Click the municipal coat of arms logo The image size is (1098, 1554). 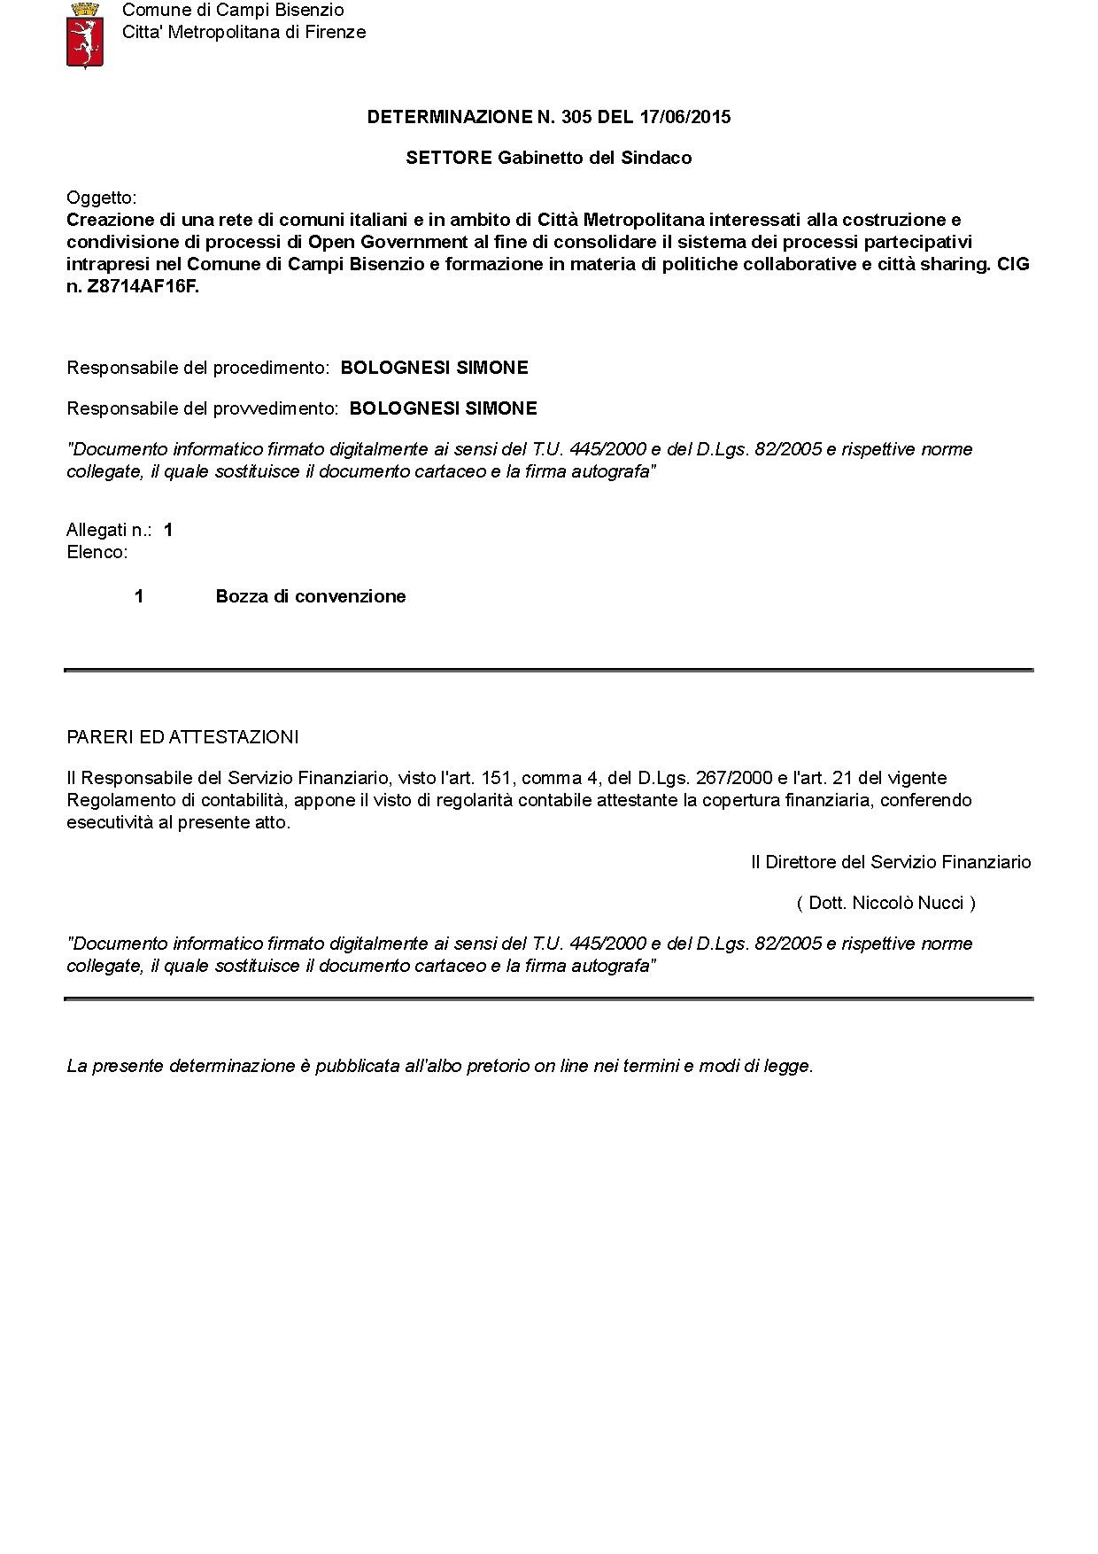point(85,35)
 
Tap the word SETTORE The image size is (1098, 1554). point(448,158)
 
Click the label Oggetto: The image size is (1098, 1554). point(102,198)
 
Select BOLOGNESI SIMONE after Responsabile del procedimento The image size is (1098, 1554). point(434,368)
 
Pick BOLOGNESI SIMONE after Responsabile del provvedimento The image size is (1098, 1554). point(443,408)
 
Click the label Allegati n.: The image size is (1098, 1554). point(109,530)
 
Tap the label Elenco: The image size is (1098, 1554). point(97,552)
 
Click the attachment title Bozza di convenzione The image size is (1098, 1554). point(310,596)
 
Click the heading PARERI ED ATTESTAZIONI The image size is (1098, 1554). point(182,737)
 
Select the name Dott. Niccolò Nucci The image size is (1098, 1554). point(885,903)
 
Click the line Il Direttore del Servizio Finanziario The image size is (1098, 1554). point(891,862)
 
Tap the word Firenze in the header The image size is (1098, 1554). point(334,33)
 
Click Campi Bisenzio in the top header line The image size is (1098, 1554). point(278,11)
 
